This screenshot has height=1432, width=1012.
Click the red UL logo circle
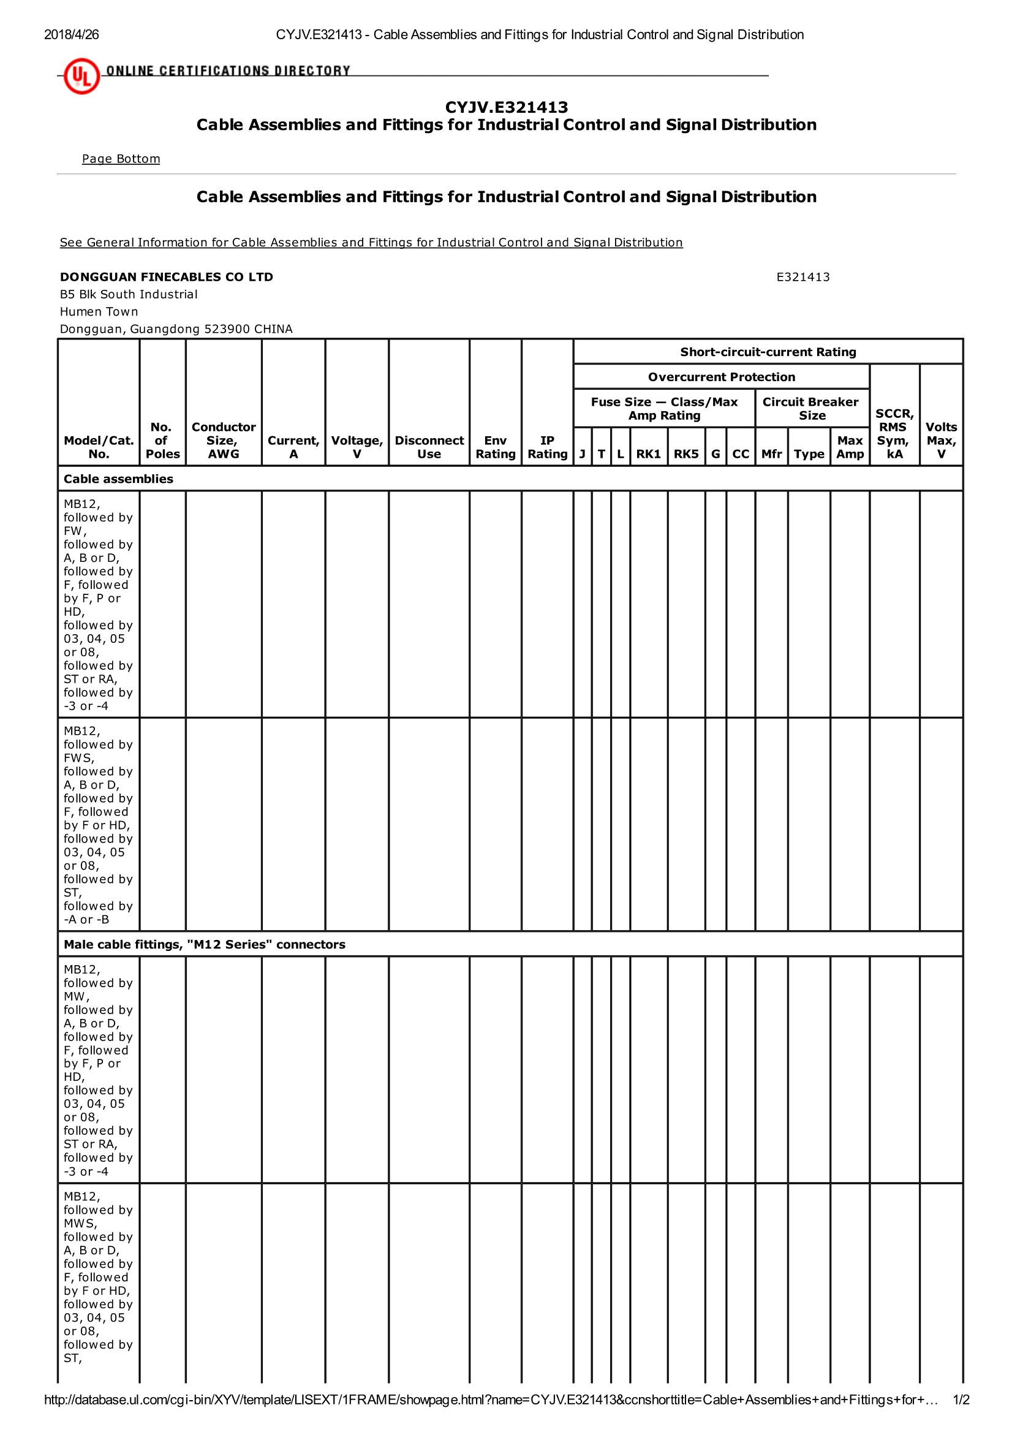81,76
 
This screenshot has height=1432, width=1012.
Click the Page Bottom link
121,159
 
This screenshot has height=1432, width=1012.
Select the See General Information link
371,242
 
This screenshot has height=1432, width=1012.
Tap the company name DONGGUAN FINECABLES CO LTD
167,277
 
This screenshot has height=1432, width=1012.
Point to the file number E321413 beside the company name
802,277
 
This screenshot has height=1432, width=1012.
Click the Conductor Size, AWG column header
223,441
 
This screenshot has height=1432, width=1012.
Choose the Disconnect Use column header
429,447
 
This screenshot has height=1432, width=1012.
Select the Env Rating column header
495,447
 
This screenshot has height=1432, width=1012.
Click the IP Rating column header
547,447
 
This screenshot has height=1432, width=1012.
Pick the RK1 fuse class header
649,454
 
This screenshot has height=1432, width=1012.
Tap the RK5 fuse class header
686,454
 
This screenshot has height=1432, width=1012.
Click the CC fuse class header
740,454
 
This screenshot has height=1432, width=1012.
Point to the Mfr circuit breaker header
771,454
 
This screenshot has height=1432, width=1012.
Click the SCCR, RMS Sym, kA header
894,433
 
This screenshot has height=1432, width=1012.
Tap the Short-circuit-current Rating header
768,352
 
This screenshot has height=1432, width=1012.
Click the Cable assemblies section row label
118,479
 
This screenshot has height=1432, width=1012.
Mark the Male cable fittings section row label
204,944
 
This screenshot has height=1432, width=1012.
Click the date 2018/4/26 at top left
71,35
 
